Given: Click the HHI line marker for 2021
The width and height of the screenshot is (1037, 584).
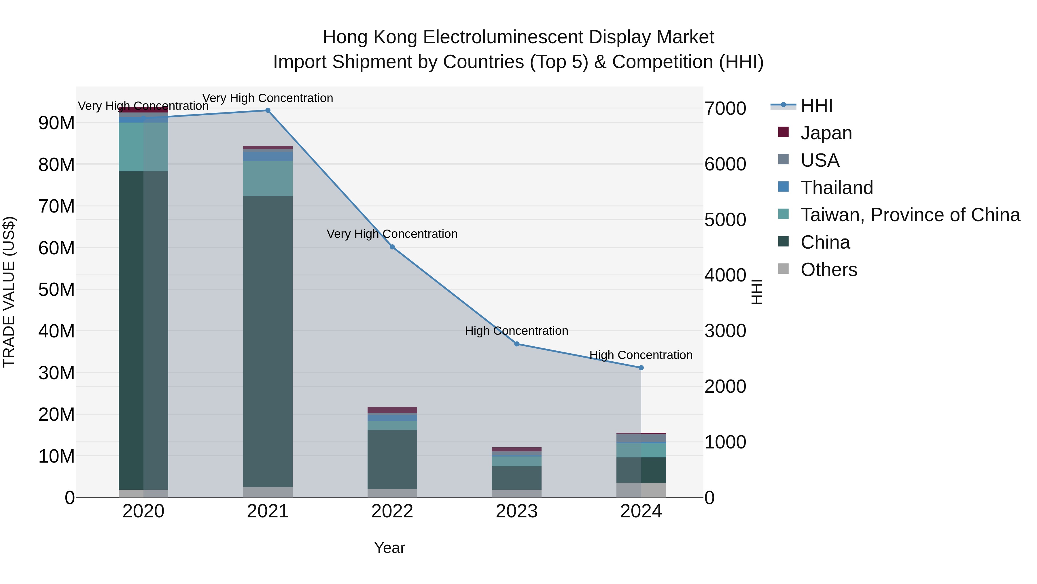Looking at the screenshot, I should tap(268, 110).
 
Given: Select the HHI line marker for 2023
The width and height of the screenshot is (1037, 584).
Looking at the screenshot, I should tap(517, 344).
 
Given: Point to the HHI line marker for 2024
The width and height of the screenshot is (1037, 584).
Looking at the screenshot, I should tap(641, 368).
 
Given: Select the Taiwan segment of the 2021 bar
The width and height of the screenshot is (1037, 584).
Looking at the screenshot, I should tap(268, 179).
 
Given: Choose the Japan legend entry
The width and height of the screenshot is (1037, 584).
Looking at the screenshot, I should tap(826, 133).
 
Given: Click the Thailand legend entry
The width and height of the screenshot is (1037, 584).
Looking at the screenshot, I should tap(837, 188).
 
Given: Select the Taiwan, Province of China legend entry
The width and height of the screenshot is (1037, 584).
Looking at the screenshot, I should tap(910, 215).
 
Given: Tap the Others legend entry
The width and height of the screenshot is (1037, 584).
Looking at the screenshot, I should tap(828, 270).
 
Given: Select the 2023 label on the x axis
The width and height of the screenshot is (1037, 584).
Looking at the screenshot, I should tap(517, 511).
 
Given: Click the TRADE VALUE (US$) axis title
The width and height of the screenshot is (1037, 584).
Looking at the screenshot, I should tap(9, 292).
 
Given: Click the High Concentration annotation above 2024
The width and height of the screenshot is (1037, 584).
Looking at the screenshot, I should tap(641, 355).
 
